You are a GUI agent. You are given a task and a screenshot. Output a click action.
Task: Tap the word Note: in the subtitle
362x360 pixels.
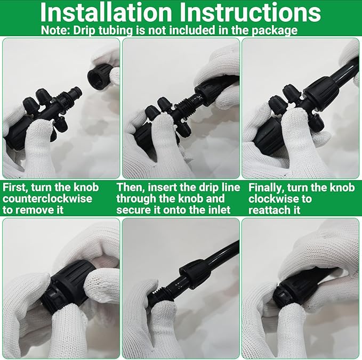pyautogui.click(x=56, y=30)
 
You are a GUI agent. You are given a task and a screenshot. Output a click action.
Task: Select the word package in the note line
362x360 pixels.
pyautogui.click(x=277, y=30)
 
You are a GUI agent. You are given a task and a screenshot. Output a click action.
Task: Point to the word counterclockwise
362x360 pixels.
pyautogui.click(x=47, y=199)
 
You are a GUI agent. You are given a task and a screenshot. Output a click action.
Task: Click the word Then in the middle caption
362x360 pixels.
pyautogui.click(x=130, y=187)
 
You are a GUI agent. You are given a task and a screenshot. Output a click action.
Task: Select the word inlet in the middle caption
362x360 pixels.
pyautogui.click(x=218, y=210)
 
